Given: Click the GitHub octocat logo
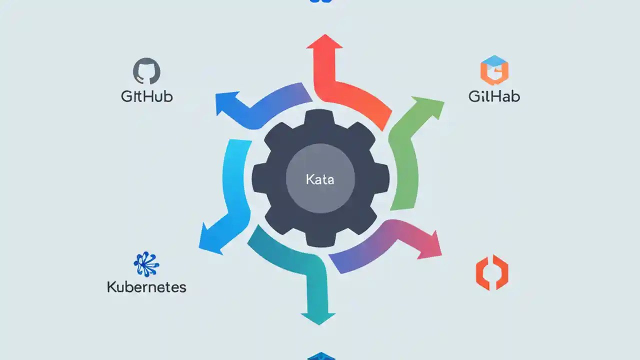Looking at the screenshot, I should tap(146, 71).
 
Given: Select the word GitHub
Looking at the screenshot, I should tap(147, 96).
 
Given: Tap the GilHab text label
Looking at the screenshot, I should tap(494, 96).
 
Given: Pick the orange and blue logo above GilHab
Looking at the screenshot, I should tap(494, 70).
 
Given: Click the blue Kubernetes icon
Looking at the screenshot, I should tap(146, 264).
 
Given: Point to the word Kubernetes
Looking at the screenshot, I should tap(146, 287).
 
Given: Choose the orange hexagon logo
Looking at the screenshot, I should tap(492, 272).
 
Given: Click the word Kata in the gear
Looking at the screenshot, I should tap(320, 179).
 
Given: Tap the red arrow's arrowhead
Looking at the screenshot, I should tap(324, 42).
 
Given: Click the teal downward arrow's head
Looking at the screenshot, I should tap(318, 317).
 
